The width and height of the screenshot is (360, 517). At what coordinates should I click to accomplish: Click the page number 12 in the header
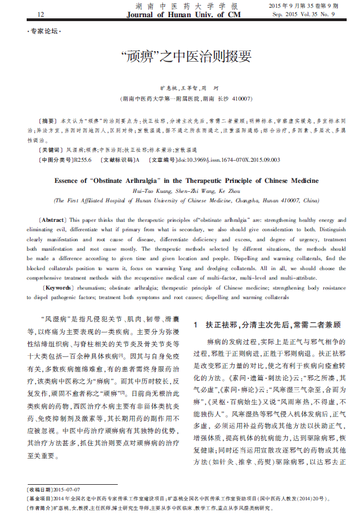tap(40, 14)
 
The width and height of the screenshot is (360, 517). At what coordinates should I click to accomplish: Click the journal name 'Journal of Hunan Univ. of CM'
tap(183, 14)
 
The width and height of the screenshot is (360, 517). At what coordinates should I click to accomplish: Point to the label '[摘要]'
tap(48, 120)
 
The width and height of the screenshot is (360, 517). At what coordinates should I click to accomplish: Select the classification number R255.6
tap(82, 160)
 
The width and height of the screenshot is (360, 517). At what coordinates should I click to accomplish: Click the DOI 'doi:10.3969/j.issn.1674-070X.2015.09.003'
tap(228, 160)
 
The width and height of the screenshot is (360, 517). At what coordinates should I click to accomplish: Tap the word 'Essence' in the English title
tap(69, 181)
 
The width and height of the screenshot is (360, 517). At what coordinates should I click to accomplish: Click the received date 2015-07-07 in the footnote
tap(67, 489)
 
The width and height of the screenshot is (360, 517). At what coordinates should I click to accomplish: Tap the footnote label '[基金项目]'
tap(39, 499)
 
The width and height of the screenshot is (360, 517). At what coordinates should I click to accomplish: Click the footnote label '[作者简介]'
tap(39, 508)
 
